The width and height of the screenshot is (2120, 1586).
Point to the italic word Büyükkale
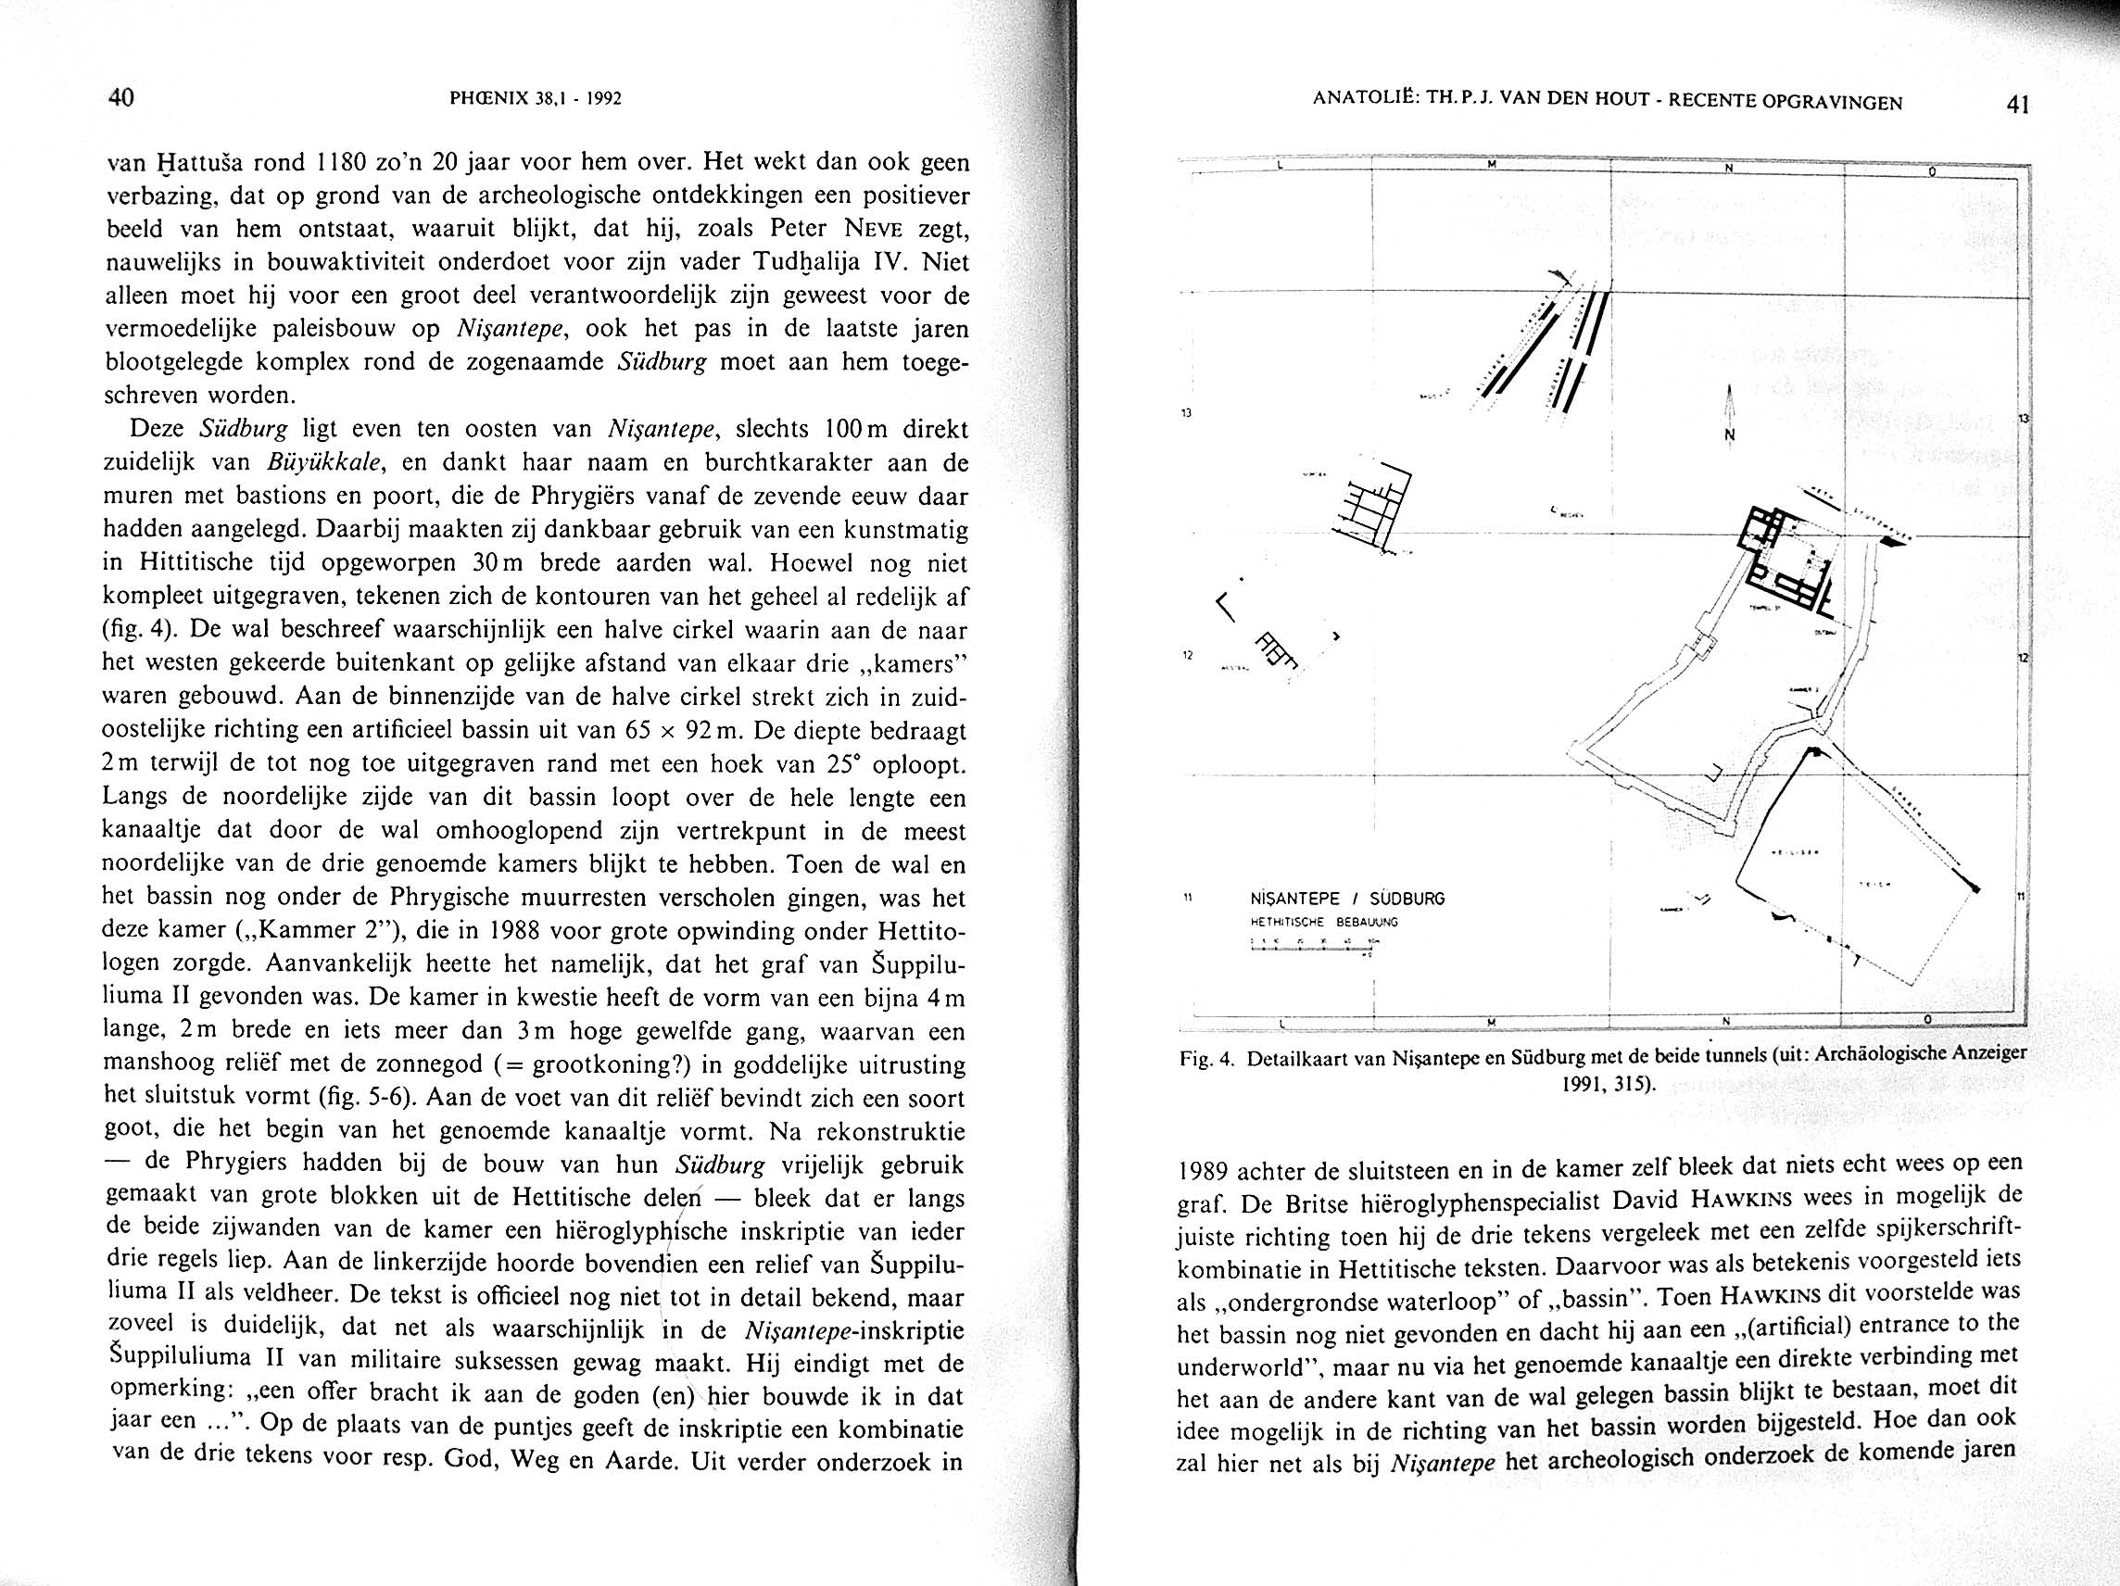pyautogui.click(x=326, y=463)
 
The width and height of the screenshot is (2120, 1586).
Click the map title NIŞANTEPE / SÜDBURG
pyautogui.click(x=1347, y=899)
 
